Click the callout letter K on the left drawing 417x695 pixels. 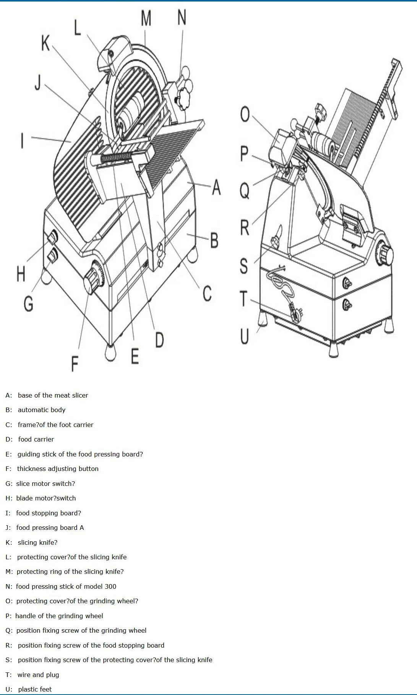point(45,43)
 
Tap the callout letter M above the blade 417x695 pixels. point(146,18)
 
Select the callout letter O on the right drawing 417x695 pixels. point(245,114)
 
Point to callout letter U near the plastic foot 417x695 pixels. point(244,336)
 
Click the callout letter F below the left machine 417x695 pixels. point(75,364)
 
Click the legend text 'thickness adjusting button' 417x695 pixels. point(58,469)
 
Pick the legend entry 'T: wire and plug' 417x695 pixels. point(32,675)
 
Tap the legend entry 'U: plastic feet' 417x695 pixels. point(29,689)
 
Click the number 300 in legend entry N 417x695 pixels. point(110,586)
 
